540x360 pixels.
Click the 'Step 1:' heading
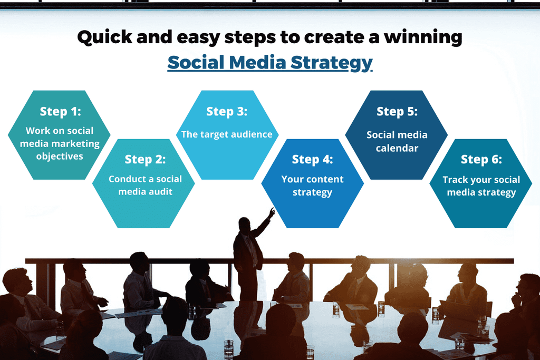[x=60, y=112]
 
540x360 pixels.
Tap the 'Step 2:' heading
[x=145, y=159]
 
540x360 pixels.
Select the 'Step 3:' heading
[x=227, y=111]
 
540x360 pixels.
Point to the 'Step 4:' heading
[x=312, y=159]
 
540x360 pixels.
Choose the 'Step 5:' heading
[x=397, y=111]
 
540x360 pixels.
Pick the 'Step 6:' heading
[x=481, y=159]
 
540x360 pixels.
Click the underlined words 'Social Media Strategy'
[x=270, y=62]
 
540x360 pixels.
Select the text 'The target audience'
[x=227, y=134]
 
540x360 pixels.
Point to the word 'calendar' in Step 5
[x=397, y=149]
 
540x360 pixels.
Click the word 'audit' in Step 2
[x=160, y=192]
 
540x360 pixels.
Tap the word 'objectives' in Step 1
[x=60, y=157]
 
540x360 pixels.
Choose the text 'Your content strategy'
[x=312, y=186]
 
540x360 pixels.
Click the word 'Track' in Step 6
[x=455, y=180]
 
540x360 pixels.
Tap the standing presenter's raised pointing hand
[x=272, y=212]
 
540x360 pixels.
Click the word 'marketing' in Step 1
[x=79, y=143]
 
